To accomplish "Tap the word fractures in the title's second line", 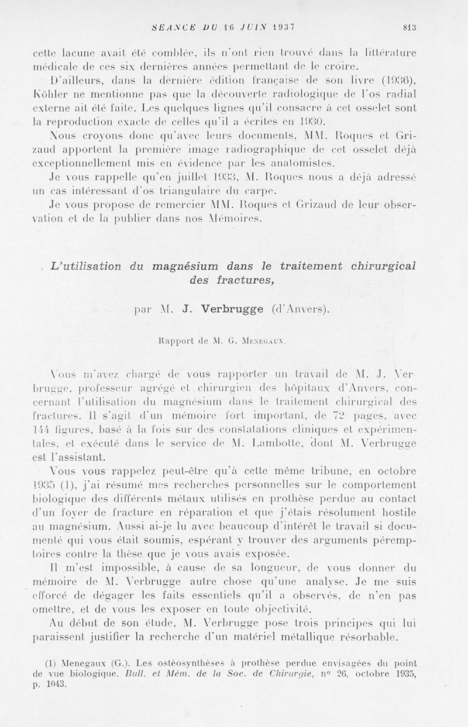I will [242, 280].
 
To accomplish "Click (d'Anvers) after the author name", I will [300, 309].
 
